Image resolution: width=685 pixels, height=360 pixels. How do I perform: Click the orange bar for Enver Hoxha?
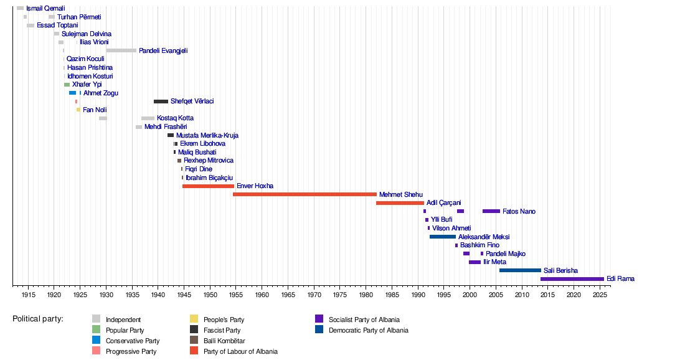click(208, 186)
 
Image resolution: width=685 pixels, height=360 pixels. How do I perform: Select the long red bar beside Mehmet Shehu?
click(305, 194)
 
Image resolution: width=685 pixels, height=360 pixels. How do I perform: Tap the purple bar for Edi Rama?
click(572, 279)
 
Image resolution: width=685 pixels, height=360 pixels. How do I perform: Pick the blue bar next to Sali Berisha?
click(520, 270)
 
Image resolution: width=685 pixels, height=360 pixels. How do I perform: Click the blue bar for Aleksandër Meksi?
click(442, 237)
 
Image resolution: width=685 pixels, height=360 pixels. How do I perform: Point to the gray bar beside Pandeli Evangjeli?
click(121, 50)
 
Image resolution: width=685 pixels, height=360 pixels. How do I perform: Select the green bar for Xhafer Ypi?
click(67, 85)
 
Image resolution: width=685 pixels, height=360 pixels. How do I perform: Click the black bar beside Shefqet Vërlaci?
click(161, 102)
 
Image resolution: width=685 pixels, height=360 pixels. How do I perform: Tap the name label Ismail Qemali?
click(45, 9)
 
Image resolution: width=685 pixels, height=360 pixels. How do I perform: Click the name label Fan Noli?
click(95, 110)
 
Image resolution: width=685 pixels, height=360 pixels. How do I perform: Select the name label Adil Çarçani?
click(443, 203)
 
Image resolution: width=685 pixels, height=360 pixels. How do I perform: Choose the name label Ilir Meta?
click(494, 262)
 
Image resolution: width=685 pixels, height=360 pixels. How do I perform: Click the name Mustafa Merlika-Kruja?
click(207, 136)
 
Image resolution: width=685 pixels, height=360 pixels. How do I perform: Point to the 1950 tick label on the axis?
click(210, 294)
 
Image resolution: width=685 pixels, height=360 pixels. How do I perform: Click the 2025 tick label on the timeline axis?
click(600, 294)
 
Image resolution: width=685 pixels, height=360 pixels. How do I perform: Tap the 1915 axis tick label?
click(28, 294)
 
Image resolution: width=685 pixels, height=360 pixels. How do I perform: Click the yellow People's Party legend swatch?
click(194, 320)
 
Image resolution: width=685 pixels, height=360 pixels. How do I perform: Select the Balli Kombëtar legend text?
click(224, 341)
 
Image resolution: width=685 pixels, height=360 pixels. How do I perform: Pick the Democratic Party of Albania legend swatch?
click(319, 330)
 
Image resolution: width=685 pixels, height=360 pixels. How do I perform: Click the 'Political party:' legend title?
click(38, 319)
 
